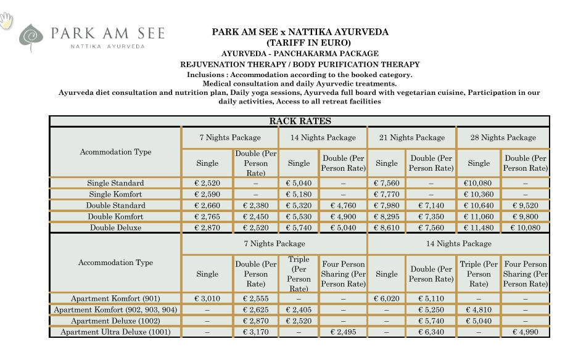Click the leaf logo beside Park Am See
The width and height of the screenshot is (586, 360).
point(31,36)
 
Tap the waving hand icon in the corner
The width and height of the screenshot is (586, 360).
point(7,21)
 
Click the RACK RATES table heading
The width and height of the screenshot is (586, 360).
point(300,121)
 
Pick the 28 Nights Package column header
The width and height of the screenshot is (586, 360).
point(503,137)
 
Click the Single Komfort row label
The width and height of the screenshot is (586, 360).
point(115,194)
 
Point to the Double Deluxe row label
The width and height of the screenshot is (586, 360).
point(115,227)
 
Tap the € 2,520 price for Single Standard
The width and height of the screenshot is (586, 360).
point(207,183)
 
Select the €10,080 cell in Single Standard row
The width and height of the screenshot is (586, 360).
point(479,183)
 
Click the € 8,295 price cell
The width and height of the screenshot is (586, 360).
point(387,216)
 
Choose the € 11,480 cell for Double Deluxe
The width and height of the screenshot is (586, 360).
point(479,227)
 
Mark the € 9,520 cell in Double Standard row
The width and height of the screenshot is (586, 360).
point(525,205)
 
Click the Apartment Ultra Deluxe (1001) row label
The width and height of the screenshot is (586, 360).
point(115,332)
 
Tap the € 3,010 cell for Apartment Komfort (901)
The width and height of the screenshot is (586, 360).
point(207,298)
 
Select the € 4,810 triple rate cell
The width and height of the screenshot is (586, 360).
point(479,309)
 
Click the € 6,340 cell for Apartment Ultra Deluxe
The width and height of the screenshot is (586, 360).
point(431,332)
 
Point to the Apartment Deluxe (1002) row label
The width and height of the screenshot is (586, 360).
point(115,321)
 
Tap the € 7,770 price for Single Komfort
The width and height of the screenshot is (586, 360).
point(387,194)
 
